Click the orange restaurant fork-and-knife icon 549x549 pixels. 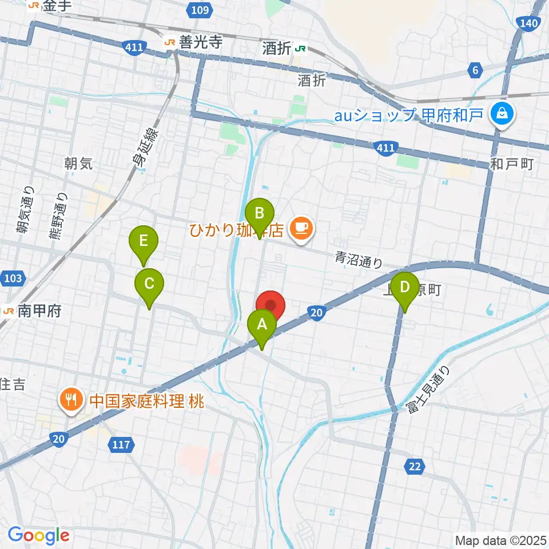tap(71, 398)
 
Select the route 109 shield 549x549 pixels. tap(200, 9)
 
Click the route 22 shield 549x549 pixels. tap(415, 467)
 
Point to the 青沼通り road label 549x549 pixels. tap(358, 261)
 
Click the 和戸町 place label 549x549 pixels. tap(511, 165)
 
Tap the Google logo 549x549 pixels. tap(38, 535)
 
